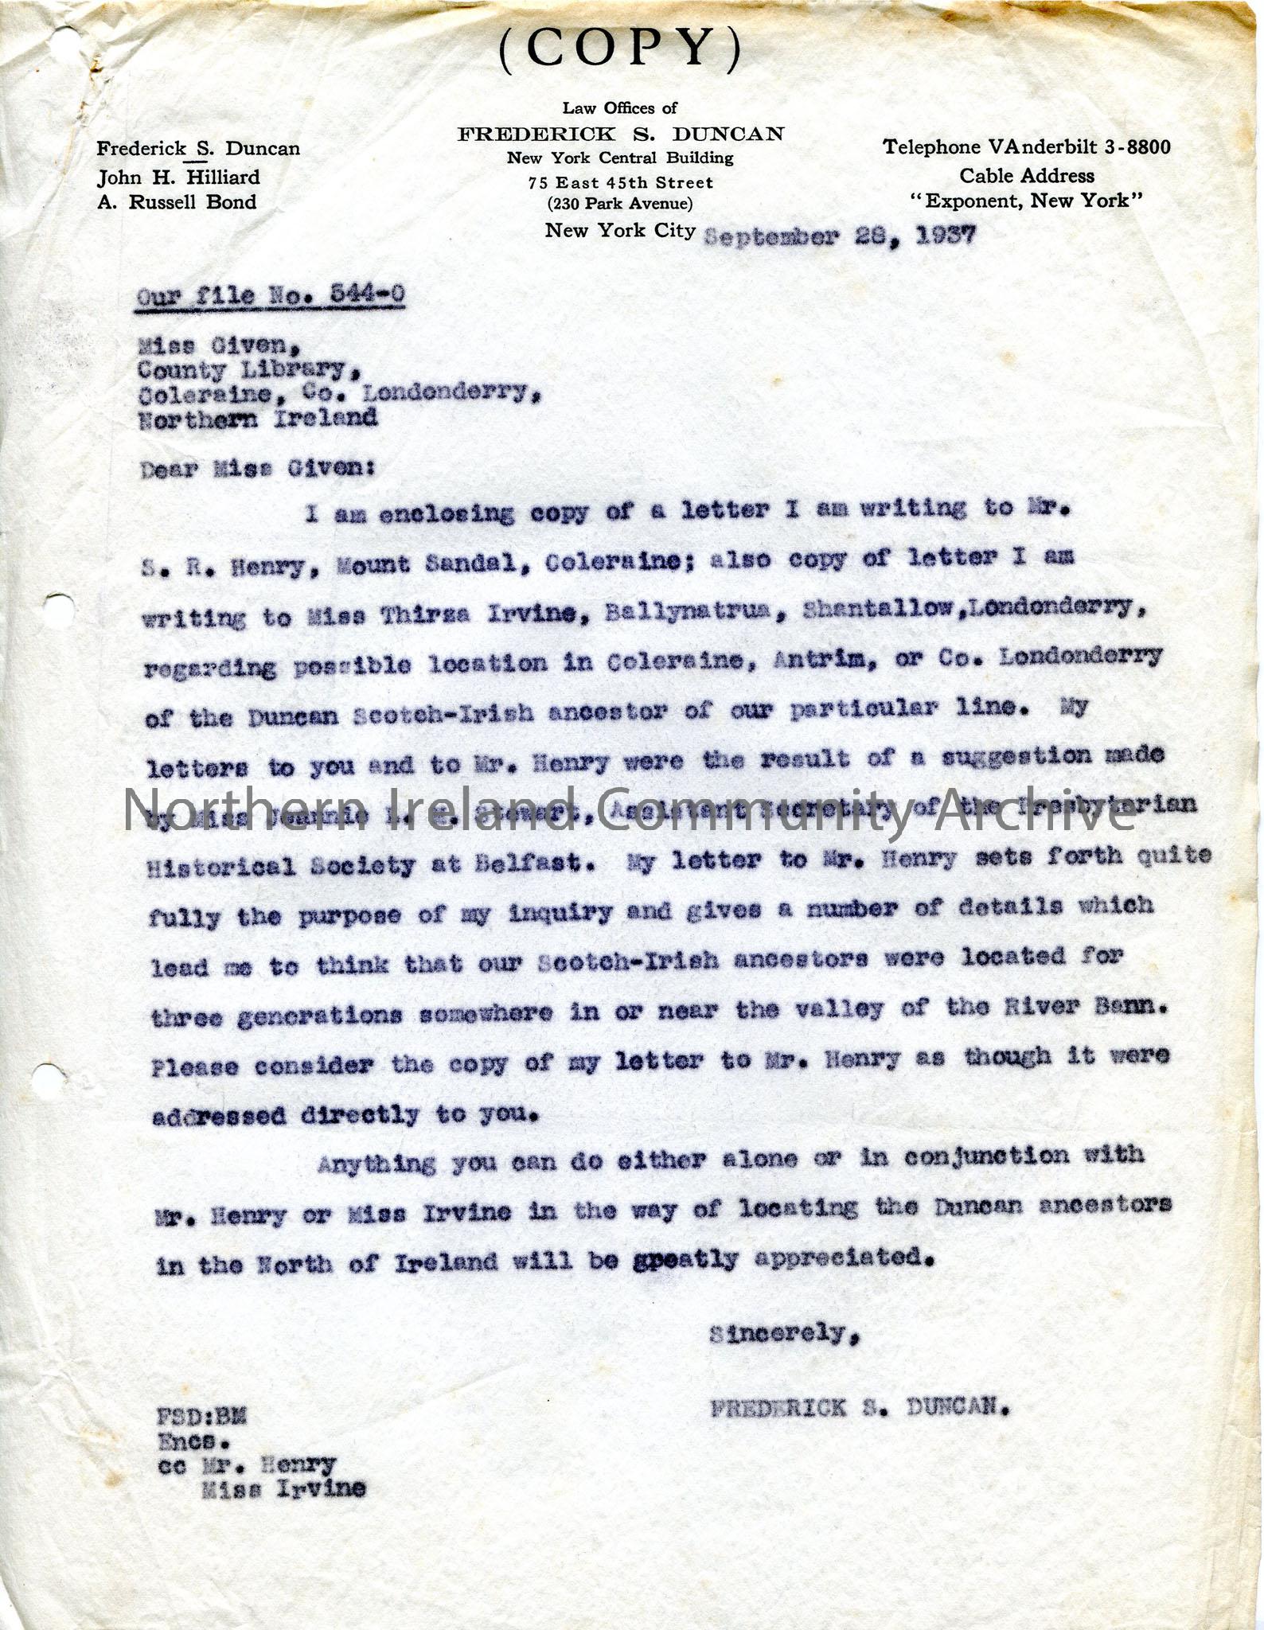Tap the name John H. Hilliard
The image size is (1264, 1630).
(x=178, y=177)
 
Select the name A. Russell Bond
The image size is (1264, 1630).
(x=177, y=202)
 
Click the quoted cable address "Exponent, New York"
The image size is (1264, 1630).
(x=1027, y=201)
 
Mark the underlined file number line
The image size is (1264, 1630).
(x=270, y=295)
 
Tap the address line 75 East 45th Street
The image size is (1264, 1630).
(x=620, y=182)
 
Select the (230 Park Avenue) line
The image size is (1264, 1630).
(x=620, y=204)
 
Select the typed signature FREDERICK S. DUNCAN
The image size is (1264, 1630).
(x=860, y=1408)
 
